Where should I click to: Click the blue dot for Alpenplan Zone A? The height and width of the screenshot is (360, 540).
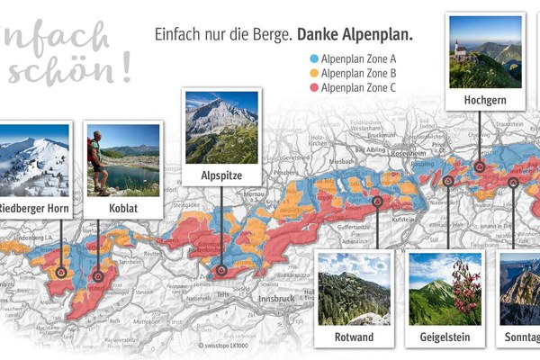[301, 56]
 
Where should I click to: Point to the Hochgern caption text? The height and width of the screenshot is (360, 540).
[485, 101]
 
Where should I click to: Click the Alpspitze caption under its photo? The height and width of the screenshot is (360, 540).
[221, 175]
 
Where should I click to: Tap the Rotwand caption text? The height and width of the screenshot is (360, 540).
[354, 337]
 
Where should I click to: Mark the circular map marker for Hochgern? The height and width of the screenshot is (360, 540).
[480, 166]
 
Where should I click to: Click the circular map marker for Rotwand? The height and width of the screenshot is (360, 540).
[377, 202]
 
